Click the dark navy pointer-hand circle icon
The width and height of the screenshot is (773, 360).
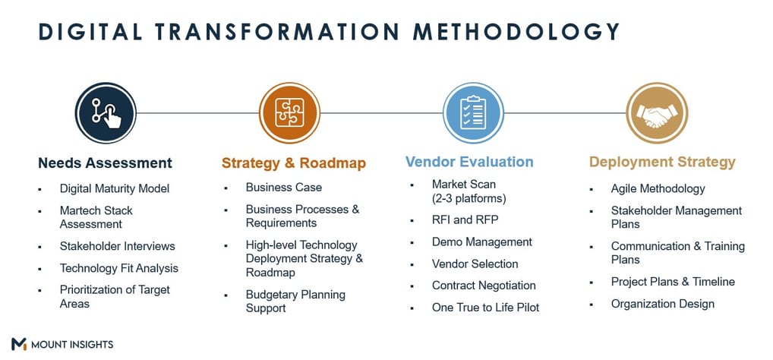coord(106,113)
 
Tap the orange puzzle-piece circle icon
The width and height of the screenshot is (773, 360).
coord(289,113)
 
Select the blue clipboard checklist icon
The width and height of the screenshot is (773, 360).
coord(473,113)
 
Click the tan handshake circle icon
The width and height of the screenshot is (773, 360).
coord(657,113)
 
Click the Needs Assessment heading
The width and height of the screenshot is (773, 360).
coord(105,163)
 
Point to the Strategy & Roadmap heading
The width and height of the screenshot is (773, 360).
coord(294,163)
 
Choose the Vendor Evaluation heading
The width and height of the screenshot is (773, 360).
coord(469,162)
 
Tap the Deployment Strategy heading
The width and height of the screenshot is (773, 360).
coord(662,163)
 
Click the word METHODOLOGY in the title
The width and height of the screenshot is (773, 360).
coord(516,32)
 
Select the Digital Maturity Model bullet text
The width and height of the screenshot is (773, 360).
coord(115,188)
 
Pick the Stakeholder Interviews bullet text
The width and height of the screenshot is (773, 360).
coord(118,246)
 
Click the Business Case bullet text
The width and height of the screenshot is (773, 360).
coord(284,188)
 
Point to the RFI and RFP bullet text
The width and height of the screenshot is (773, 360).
coord(465,220)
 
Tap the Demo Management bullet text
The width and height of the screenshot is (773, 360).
coord(482,242)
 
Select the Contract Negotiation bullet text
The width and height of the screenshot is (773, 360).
coord(484,286)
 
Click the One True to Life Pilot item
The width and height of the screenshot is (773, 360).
coord(485,308)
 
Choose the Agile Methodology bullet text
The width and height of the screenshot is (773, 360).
coord(658,189)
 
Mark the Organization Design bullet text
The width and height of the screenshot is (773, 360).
coord(663,304)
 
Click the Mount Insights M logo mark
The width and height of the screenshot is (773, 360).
coord(19,344)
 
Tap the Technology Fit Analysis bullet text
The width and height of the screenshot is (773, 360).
coord(118,268)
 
